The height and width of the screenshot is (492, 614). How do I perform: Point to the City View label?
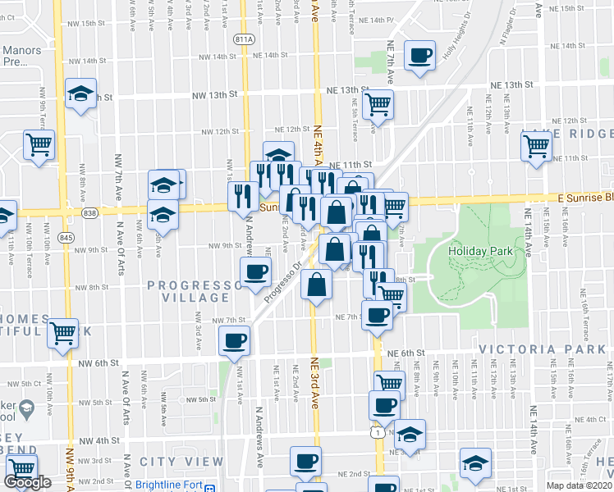click(x=170, y=462)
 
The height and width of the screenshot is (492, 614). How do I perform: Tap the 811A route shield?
click(x=243, y=39)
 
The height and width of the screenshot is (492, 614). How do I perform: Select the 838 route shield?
click(x=89, y=213)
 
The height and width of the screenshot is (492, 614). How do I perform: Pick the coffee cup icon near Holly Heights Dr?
click(x=421, y=55)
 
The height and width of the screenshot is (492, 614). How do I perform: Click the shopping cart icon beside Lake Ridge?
click(x=536, y=146)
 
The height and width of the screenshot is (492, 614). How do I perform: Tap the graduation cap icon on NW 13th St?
click(x=81, y=95)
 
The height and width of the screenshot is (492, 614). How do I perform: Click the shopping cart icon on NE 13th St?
click(x=378, y=103)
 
